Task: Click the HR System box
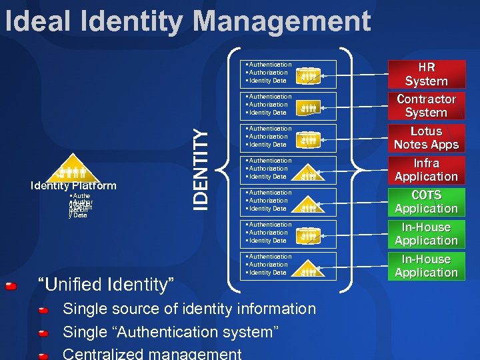(x=426, y=74)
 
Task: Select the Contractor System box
(x=426, y=106)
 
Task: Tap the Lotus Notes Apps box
(x=426, y=138)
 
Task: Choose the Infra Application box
(x=426, y=170)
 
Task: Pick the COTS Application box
(x=426, y=202)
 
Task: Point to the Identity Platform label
(x=73, y=186)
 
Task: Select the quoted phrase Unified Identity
(x=107, y=285)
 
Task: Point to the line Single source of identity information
(x=189, y=309)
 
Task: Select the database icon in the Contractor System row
(x=308, y=107)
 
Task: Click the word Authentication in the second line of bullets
(x=270, y=97)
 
